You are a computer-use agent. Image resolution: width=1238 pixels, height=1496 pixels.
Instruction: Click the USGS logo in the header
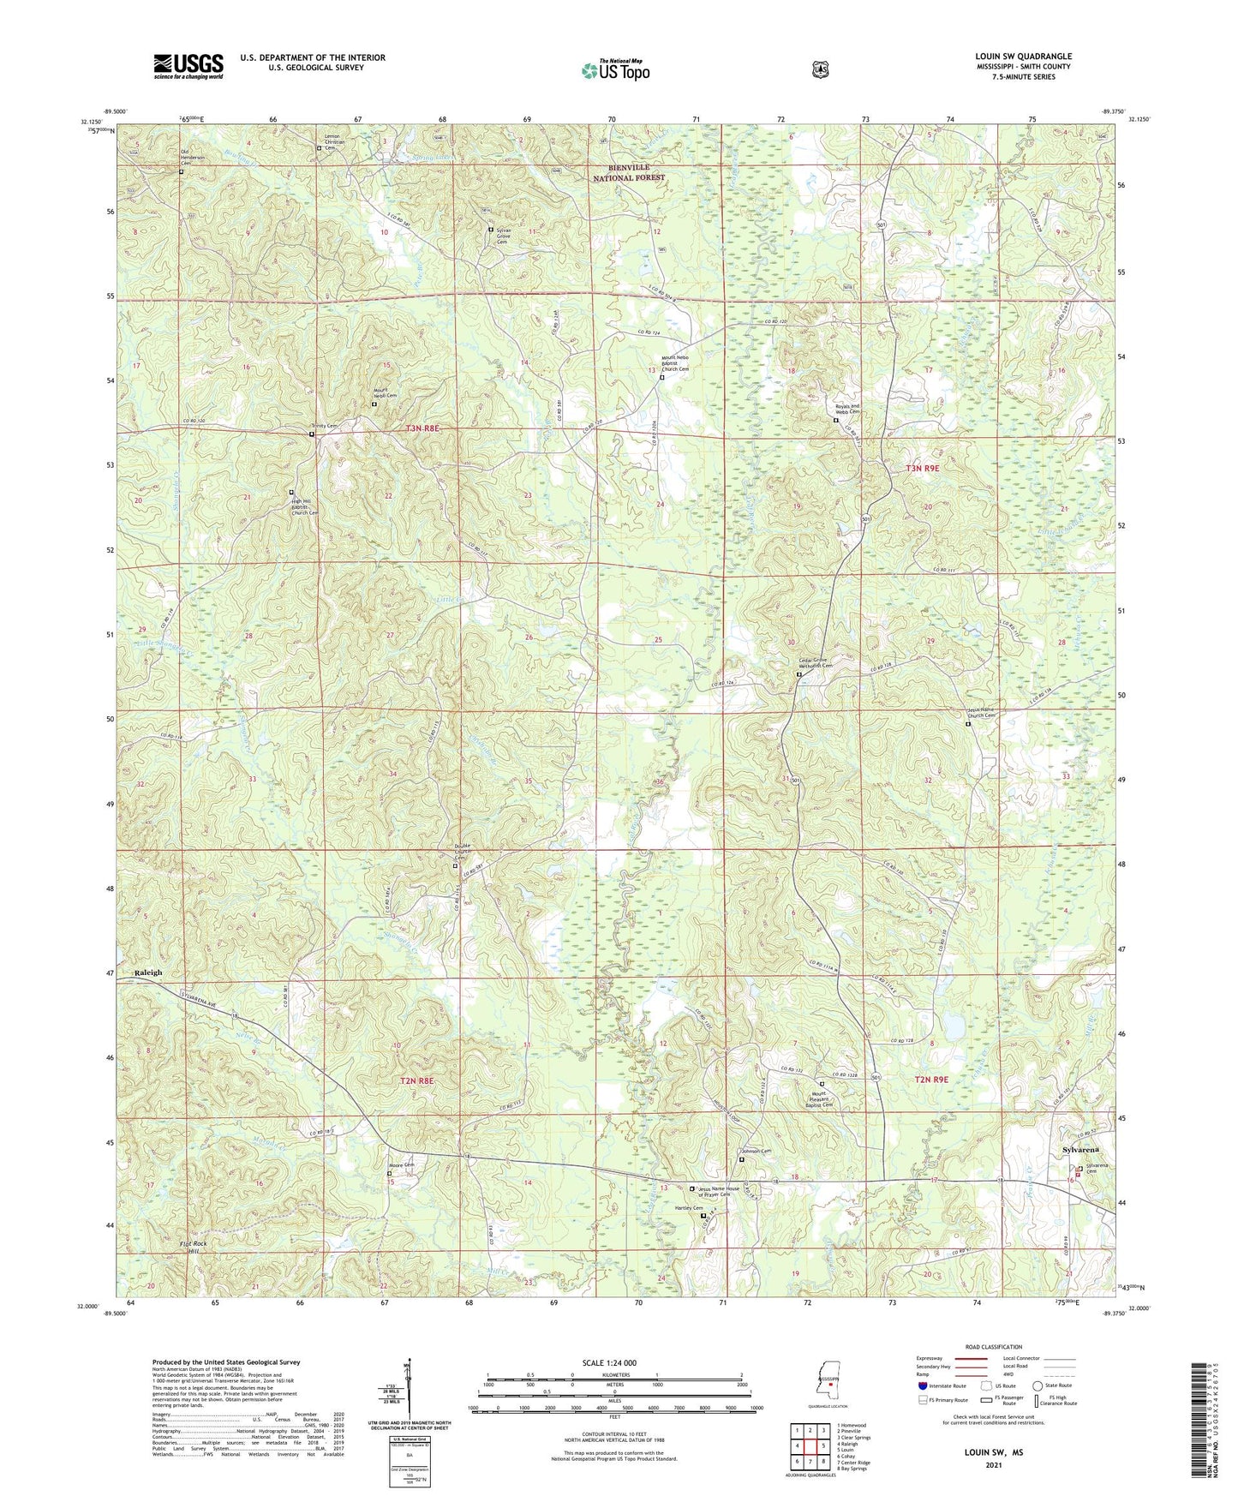click(188, 65)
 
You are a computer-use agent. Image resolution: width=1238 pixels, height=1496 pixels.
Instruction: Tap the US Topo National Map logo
click(614, 70)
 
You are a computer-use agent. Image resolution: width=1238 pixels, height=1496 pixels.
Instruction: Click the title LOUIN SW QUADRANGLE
click(1023, 57)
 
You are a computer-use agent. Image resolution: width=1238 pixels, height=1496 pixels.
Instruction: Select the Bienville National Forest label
click(630, 172)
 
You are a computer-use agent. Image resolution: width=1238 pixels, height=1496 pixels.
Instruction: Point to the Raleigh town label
click(148, 972)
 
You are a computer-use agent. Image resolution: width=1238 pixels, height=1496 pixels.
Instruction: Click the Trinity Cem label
click(324, 426)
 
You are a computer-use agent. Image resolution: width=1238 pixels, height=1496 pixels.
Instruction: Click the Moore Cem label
click(403, 1165)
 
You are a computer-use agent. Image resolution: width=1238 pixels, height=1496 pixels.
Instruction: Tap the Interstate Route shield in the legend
click(922, 1385)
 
